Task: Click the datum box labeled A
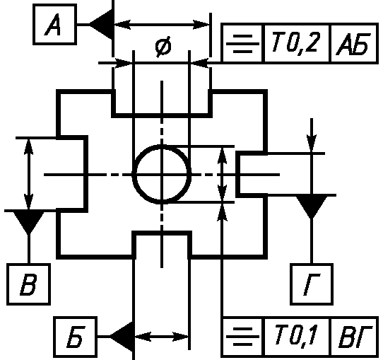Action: (54, 25)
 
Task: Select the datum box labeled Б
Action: (75, 337)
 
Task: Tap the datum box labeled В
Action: (28, 284)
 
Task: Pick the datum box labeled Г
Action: (312, 284)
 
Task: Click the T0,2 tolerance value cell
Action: (296, 43)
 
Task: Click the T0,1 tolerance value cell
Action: (296, 337)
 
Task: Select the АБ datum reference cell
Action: (354, 43)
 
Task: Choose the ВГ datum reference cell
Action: (354, 337)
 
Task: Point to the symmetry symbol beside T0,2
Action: (242, 44)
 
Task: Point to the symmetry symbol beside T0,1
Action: (242, 337)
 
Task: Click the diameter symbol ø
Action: (163, 47)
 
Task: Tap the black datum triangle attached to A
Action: (101, 25)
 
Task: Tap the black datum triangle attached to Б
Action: (122, 337)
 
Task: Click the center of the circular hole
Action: (162, 175)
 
